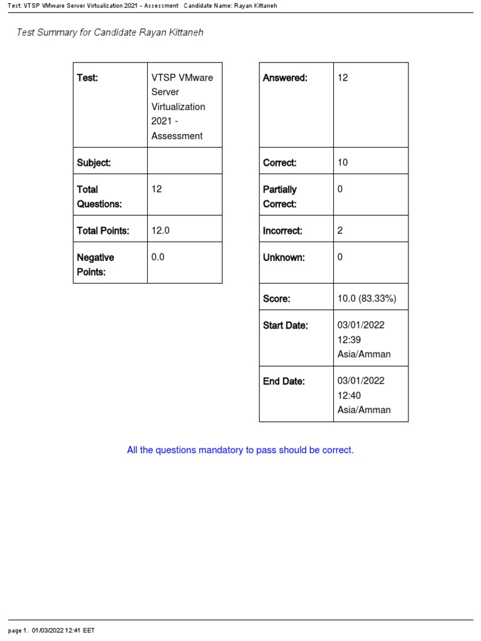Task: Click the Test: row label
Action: point(88,78)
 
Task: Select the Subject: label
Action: point(94,163)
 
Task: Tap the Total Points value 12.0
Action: point(160,230)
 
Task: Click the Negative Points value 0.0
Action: point(158,257)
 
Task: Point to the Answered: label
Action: point(285,78)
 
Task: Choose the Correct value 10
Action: point(343,163)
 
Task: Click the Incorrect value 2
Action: point(340,230)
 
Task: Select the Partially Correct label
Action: point(280,197)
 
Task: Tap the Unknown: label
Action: point(284,257)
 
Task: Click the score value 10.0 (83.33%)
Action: point(367,299)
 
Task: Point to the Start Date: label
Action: point(286,326)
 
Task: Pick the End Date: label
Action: point(284,381)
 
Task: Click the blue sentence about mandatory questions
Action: point(240,450)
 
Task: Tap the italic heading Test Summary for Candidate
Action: point(110,33)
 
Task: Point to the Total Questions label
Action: point(91,197)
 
